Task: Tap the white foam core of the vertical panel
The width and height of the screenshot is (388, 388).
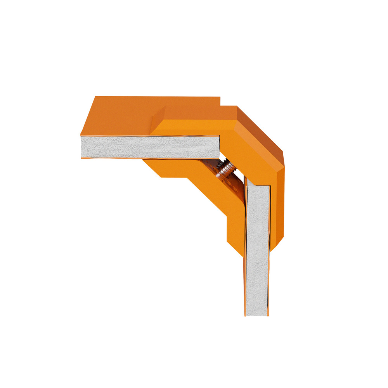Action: (257, 248)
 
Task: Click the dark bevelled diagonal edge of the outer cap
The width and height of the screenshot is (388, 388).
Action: (260, 132)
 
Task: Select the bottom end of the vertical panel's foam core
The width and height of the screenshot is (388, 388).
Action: (257, 312)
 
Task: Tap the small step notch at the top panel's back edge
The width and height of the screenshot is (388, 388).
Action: (220, 102)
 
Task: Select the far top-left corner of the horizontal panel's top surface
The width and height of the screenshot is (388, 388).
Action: (96, 97)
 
